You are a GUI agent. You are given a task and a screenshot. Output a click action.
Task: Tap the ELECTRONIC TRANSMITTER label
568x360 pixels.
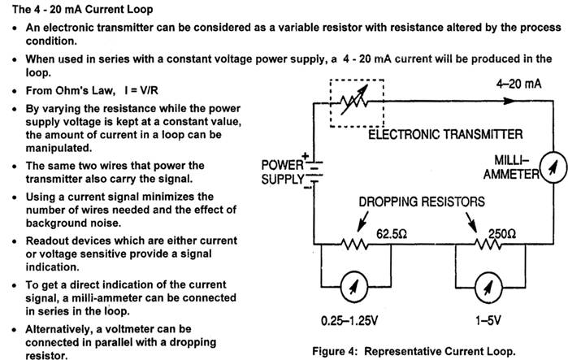(x=445, y=134)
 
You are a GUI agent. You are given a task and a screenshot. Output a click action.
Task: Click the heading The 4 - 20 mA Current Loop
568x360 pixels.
(x=80, y=9)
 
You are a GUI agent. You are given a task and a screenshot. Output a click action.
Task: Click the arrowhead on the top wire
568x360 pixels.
(x=509, y=102)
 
